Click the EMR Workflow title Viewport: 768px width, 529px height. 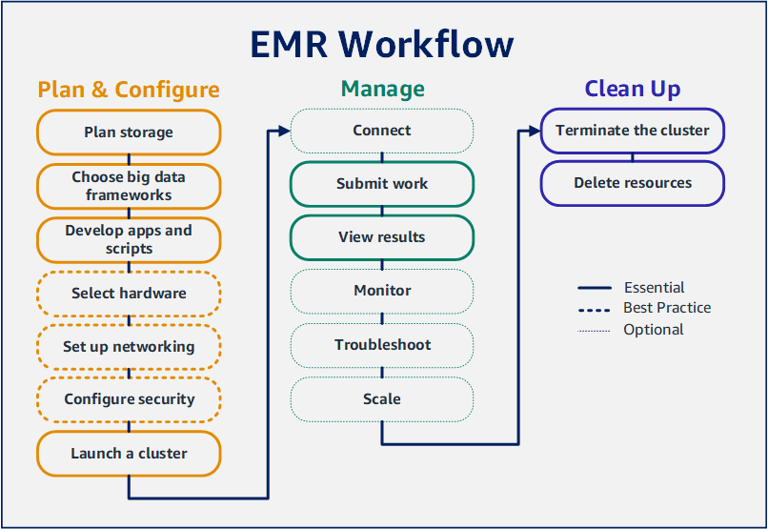click(x=382, y=45)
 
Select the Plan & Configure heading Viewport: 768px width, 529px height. click(x=129, y=91)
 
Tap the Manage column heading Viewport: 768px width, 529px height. click(x=382, y=90)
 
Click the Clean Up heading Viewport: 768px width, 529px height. click(x=632, y=90)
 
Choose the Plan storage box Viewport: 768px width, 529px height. click(x=129, y=132)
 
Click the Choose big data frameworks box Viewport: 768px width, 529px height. click(x=129, y=186)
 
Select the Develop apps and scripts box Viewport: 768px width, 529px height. click(x=129, y=239)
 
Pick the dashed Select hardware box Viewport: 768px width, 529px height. click(x=129, y=294)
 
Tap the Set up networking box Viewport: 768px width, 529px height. click(x=129, y=347)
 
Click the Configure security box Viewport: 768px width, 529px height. click(x=129, y=400)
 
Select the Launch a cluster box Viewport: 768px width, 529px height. click(x=129, y=454)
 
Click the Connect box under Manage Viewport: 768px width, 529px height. click(x=382, y=131)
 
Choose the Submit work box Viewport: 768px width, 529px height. click(x=382, y=184)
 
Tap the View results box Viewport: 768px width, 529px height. click(x=382, y=237)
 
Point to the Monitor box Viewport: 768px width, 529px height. click(x=382, y=291)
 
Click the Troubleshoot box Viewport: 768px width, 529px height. click(x=382, y=345)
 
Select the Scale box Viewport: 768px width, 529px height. click(x=382, y=399)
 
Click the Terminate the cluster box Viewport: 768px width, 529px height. click(x=632, y=131)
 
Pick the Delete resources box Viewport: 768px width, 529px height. click(x=632, y=183)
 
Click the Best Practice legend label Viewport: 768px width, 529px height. click(x=666, y=308)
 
